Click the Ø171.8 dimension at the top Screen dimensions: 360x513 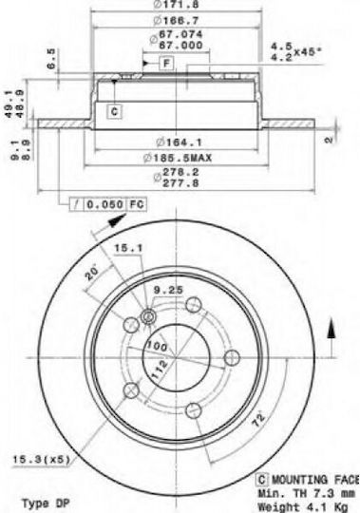pyautogui.click(x=176, y=4)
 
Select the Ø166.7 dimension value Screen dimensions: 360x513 pyautogui.click(x=176, y=21)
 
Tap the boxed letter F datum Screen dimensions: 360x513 pyautogui.click(x=166, y=63)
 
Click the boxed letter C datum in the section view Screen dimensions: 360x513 pyautogui.click(x=114, y=111)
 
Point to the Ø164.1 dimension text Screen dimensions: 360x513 pyautogui.click(x=179, y=142)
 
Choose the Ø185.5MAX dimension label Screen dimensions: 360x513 pyautogui.click(x=178, y=158)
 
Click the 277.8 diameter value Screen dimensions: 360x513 pyautogui.click(x=180, y=183)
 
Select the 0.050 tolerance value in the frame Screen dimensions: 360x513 pyautogui.click(x=104, y=204)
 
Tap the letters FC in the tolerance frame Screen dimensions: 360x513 pyautogui.click(x=137, y=204)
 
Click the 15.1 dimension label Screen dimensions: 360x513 pyautogui.click(x=128, y=248)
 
